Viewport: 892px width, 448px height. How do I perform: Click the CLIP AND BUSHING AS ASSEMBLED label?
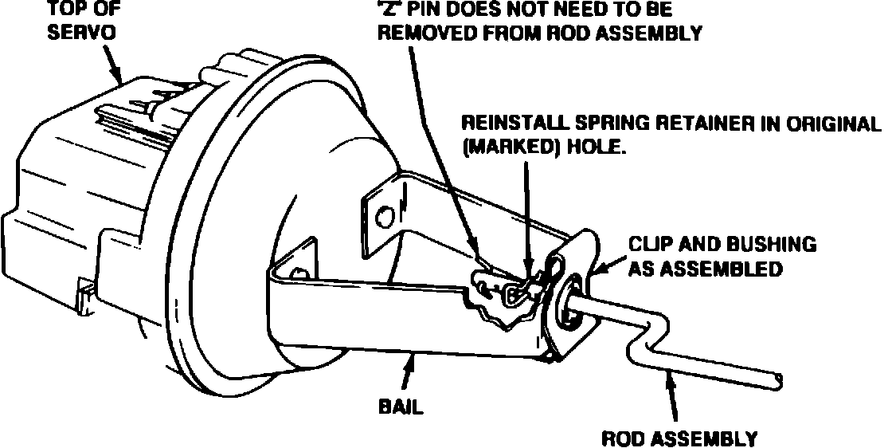click(722, 256)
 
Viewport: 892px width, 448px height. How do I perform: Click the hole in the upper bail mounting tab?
click(385, 214)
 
